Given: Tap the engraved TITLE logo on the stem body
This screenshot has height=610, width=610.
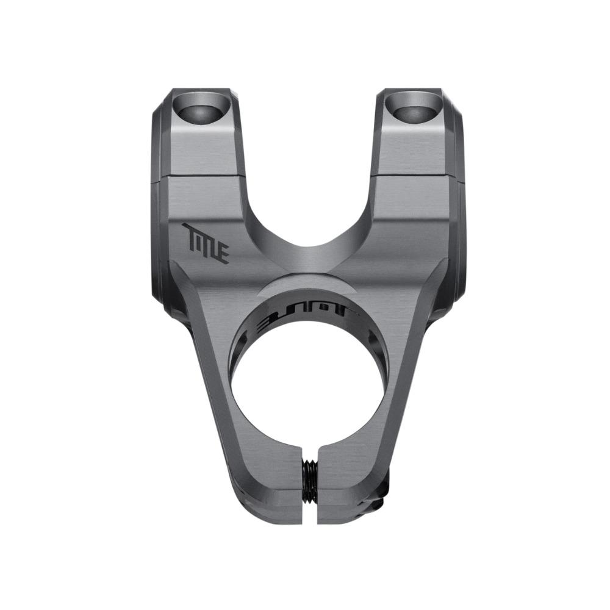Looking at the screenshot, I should pyautogui.click(x=206, y=243).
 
